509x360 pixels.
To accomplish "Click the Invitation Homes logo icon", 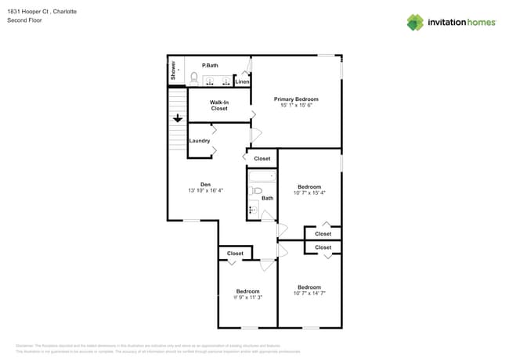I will click(415, 22).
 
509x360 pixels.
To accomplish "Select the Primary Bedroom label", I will click(296, 99).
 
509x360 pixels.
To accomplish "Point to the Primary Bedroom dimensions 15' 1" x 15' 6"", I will click(296, 106).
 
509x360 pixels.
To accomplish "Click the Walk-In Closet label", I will click(219, 105).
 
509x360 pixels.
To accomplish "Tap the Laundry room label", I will click(200, 141).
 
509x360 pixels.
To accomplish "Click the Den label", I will click(206, 185).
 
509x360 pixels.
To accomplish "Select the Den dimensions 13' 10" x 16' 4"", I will click(206, 191).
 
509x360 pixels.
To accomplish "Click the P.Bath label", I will click(210, 65).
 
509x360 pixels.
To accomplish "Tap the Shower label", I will click(173, 70).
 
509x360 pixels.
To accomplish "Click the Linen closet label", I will click(243, 81).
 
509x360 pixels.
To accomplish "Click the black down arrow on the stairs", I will click(178, 118).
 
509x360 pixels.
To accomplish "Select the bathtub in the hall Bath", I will click(262, 176).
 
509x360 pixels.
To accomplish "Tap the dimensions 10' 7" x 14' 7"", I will click(309, 293).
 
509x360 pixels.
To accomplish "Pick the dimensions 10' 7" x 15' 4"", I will click(309, 193).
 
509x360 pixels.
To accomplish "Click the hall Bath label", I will click(268, 198).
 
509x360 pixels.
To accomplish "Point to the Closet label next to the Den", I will click(262, 159).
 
